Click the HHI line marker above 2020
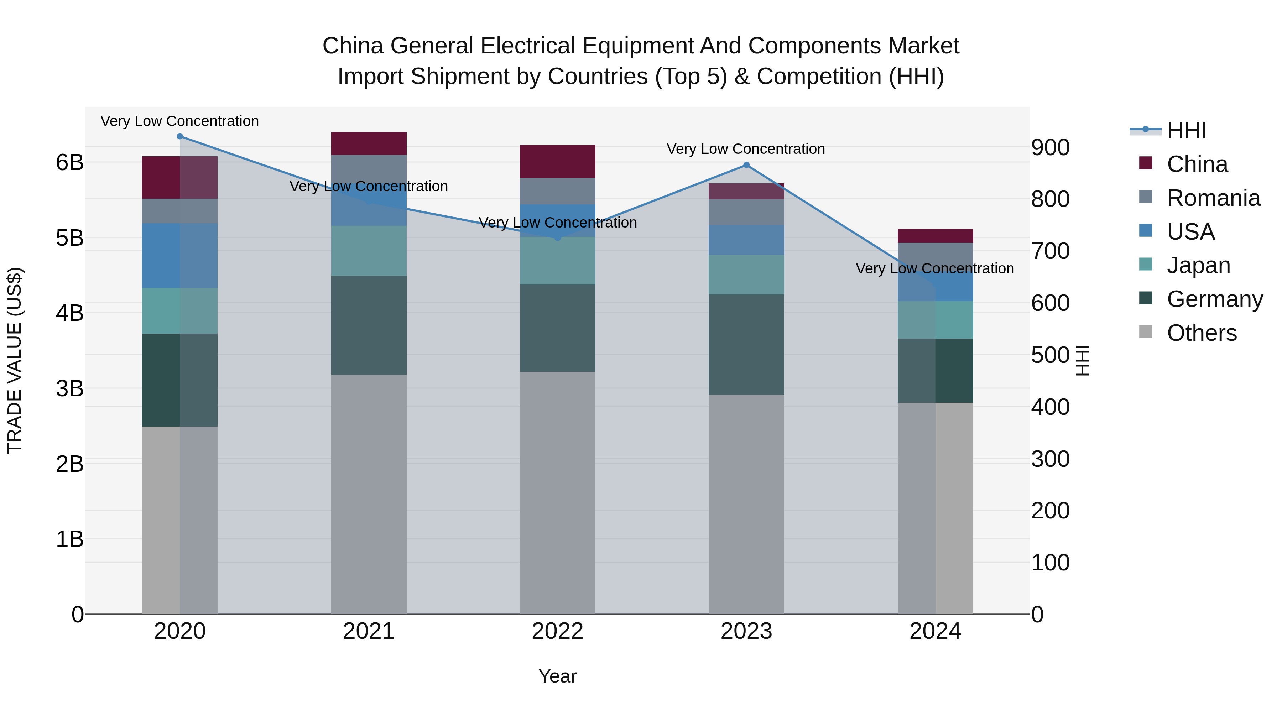point(180,136)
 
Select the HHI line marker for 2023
point(746,165)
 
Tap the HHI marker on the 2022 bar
point(557,238)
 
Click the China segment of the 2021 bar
point(369,143)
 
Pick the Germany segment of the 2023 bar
point(746,344)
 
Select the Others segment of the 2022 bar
point(557,493)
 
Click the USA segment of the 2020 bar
point(180,255)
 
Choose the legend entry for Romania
point(1213,198)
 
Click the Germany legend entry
point(1214,299)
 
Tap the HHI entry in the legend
point(1187,130)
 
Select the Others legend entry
point(1202,333)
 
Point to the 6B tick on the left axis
point(70,162)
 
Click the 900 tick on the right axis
point(1050,147)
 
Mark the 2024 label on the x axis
point(935,631)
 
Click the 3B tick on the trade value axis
point(70,388)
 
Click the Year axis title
point(557,676)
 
